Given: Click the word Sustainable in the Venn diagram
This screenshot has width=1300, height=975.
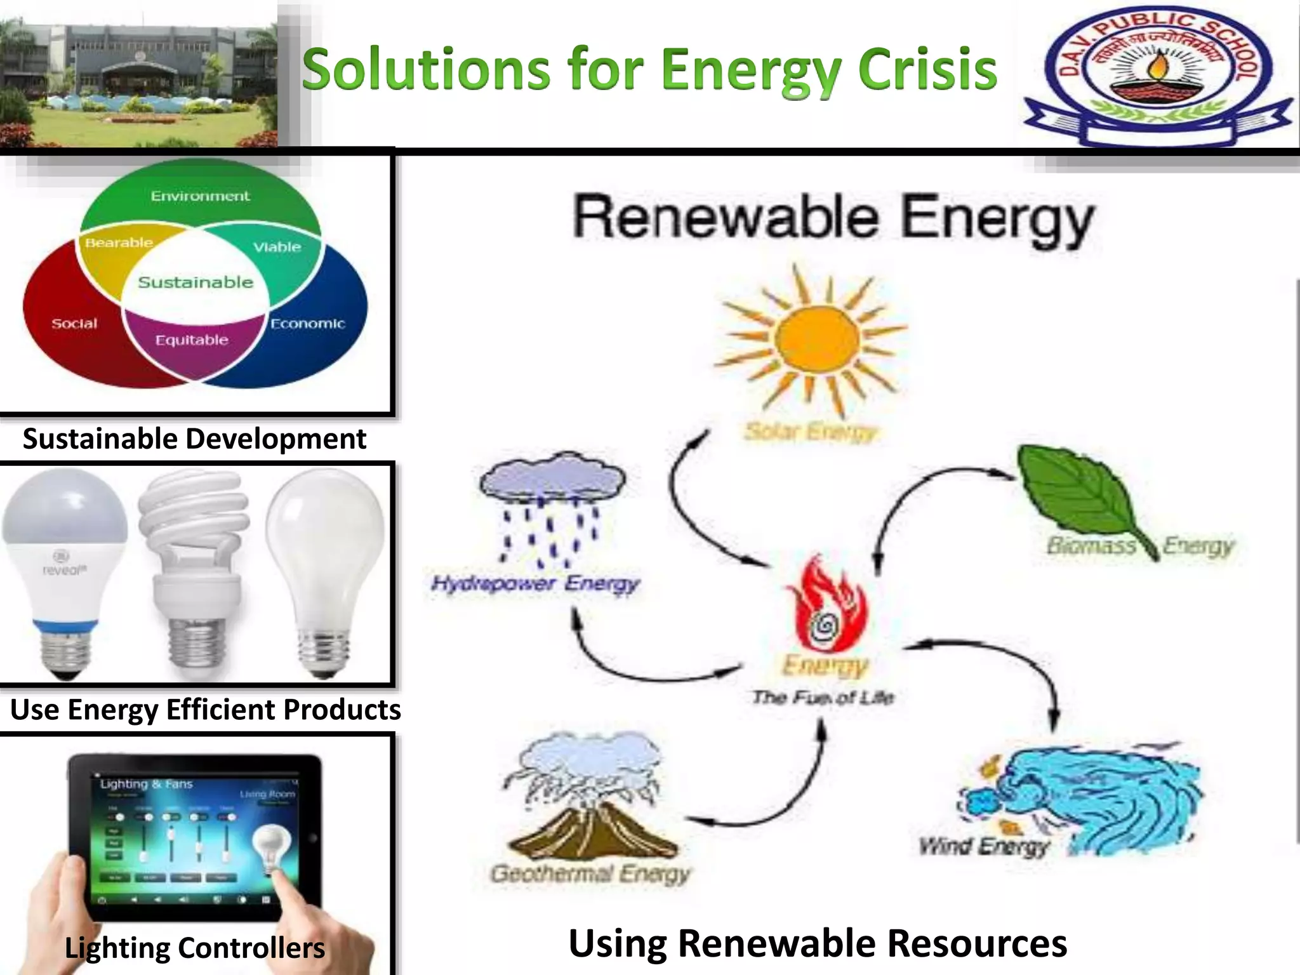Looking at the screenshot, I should click(x=196, y=282).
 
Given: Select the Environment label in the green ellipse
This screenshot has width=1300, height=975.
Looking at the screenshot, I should click(x=200, y=196).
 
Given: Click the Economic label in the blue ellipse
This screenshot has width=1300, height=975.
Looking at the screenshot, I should click(x=308, y=324).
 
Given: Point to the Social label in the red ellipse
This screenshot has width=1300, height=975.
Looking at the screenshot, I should click(x=74, y=324).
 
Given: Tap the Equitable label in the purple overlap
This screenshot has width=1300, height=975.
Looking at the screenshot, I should click(x=192, y=340).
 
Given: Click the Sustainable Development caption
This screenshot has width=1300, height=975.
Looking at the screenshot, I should click(x=194, y=439).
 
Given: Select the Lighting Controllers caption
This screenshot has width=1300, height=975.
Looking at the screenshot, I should click(x=194, y=948).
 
